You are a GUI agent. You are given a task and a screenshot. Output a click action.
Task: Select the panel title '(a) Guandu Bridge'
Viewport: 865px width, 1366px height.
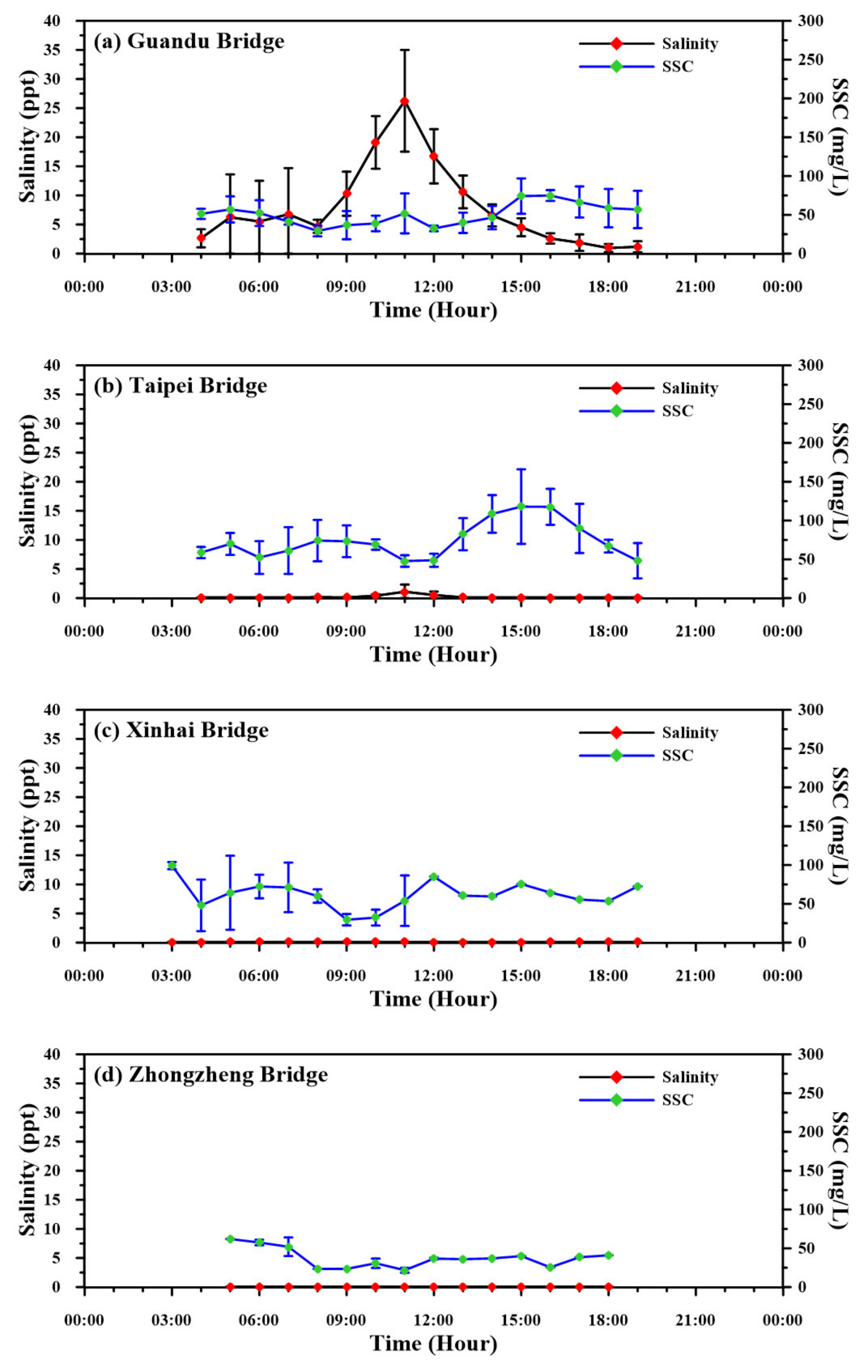coord(189,41)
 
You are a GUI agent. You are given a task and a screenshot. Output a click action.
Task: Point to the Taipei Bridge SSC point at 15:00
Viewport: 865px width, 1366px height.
coord(521,506)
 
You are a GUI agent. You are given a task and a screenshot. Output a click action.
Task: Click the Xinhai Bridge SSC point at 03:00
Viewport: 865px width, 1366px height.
coord(172,865)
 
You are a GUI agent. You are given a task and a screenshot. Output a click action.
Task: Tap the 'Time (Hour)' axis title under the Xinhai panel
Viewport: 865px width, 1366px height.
coord(433,998)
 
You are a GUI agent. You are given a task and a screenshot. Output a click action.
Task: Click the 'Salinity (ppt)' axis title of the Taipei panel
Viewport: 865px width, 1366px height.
coord(27,481)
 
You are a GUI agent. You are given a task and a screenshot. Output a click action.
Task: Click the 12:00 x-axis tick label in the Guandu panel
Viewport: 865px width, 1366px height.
coord(433,286)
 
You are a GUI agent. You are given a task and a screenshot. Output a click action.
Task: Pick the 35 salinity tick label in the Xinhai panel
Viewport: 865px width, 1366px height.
coord(66,739)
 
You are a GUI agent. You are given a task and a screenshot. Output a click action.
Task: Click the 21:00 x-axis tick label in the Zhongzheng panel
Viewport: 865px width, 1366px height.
coord(695,1320)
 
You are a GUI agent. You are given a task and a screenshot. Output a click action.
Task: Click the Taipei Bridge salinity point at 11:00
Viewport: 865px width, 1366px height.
coord(404,592)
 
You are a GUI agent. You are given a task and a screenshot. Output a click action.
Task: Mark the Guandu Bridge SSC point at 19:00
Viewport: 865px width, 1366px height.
coord(638,209)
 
